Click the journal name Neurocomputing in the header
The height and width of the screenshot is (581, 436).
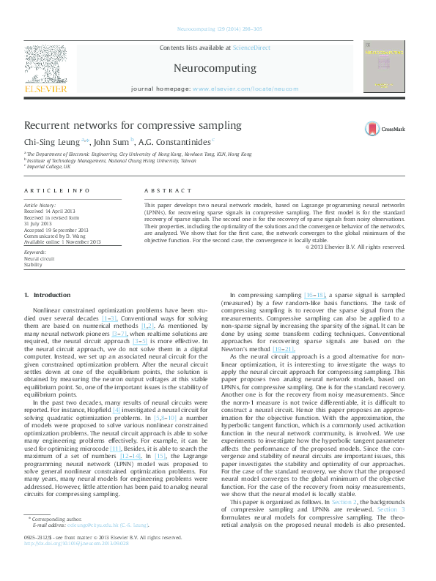pyautogui.click(x=215, y=68)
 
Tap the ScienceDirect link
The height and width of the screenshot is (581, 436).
pyautogui.click(x=251, y=48)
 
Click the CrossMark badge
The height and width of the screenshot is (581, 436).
pyautogui.click(x=385, y=129)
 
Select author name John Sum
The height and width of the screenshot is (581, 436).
pyautogui.click(x=113, y=141)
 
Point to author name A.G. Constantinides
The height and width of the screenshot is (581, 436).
pyautogui.click(x=177, y=141)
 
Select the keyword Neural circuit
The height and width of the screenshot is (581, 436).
pyautogui.click(x=39, y=258)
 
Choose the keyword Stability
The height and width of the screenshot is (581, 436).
pyautogui.click(x=33, y=265)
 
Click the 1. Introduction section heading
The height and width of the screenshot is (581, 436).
pyautogui.click(x=48, y=295)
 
